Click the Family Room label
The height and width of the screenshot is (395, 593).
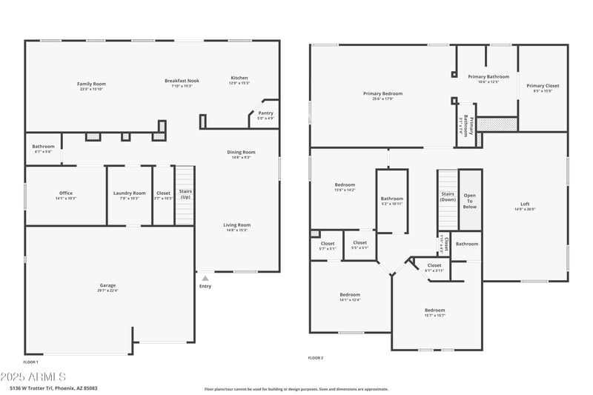[92, 84]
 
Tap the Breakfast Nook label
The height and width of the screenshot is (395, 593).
[182, 81]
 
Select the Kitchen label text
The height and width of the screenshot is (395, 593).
[239, 78]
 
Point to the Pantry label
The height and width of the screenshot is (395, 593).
[265, 113]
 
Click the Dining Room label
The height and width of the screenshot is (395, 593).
[241, 153]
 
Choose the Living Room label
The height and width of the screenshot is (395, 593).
[237, 225]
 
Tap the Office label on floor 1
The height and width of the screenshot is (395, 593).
[66, 193]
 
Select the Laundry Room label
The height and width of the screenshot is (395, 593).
[130, 193]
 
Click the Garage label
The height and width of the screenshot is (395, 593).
[108, 285]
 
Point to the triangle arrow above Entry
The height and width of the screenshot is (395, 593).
[205, 278]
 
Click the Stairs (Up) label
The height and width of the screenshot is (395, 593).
[185, 195]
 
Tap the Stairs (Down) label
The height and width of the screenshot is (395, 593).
[448, 196]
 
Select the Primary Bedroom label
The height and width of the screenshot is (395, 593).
[382, 93]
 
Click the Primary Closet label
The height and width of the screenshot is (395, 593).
[543, 86]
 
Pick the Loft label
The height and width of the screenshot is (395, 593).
[525, 204]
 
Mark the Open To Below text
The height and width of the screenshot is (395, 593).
[470, 201]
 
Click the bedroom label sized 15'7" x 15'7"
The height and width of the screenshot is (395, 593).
[434, 310]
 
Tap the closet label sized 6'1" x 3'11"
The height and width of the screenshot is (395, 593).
[434, 265]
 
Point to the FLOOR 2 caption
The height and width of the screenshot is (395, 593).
[316, 358]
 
